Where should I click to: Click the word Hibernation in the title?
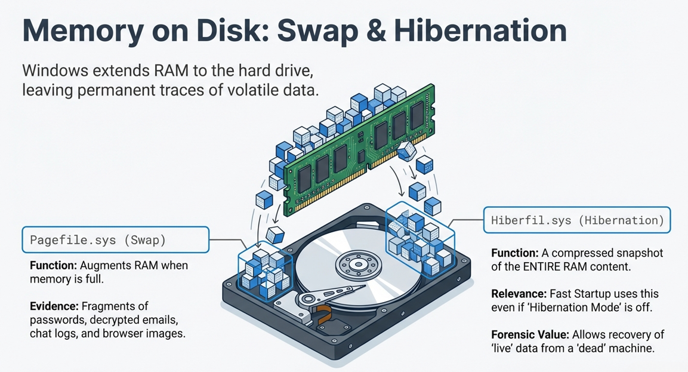[x=480, y=30]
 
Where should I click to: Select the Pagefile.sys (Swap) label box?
[x=115, y=240]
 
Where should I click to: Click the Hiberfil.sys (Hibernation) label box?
[x=577, y=220]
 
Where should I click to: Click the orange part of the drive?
[x=324, y=313]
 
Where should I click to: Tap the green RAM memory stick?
[x=360, y=149]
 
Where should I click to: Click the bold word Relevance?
[x=518, y=294]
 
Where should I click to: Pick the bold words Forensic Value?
[x=530, y=334]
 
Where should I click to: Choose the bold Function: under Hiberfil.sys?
[x=515, y=253]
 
